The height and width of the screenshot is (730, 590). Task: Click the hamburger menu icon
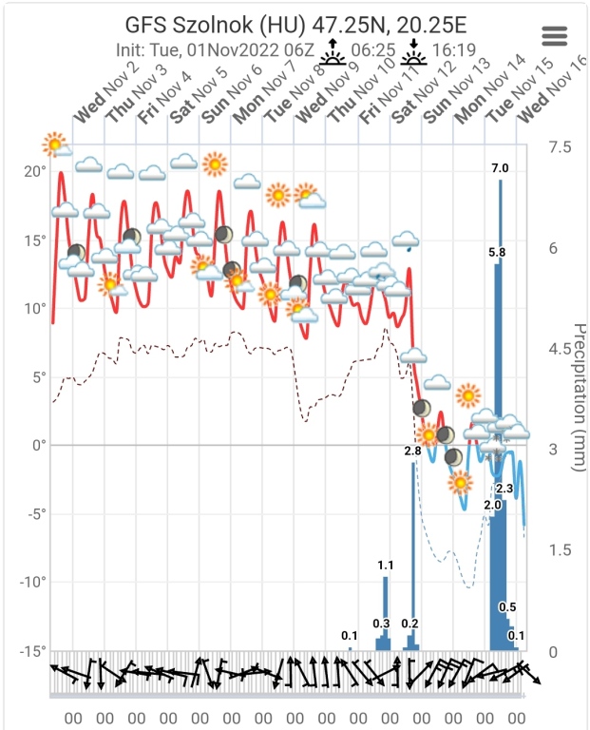click(554, 35)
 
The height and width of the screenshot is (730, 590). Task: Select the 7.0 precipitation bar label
click(500, 168)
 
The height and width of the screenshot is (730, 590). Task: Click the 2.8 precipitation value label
click(412, 451)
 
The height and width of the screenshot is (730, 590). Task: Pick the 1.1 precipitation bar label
click(385, 566)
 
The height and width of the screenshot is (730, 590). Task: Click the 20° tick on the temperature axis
click(36, 171)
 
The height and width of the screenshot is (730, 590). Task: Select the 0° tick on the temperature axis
click(40, 445)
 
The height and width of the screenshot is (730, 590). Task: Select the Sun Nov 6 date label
click(230, 99)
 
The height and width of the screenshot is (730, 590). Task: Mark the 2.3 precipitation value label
click(504, 489)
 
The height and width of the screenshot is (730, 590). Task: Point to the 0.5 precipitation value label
click(507, 607)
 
